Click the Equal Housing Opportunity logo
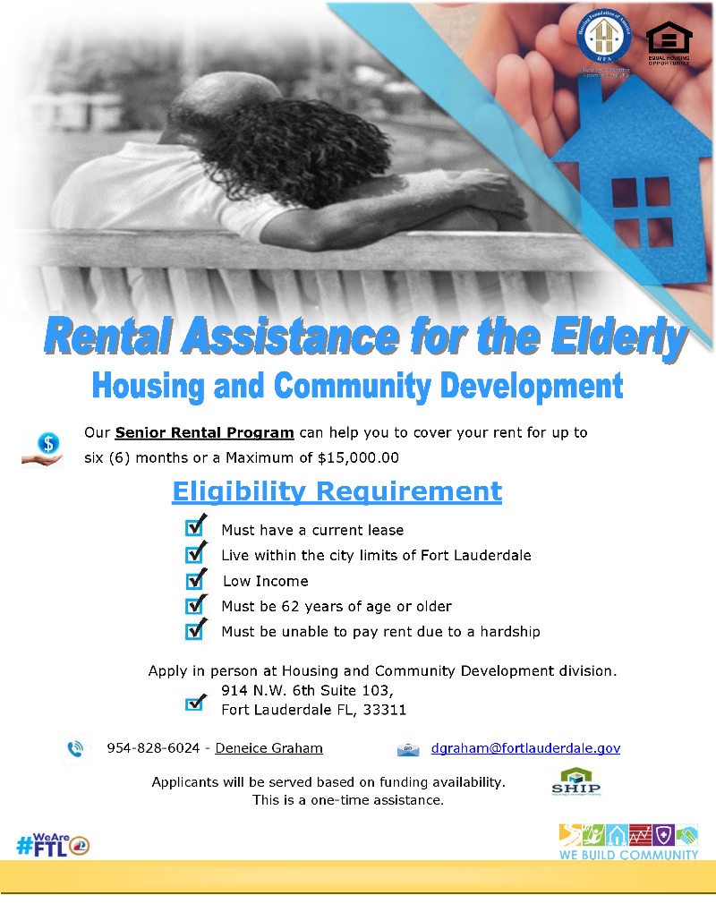pyautogui.click(x=668, y=43)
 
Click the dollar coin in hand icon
pyautogui.click(x=44, y=447)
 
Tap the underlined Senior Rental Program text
pyautogui.click(x=204, y=433)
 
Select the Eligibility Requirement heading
pyautogui.click(x=337, y=491)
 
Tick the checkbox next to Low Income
pyautogui.click(x=195, y=580)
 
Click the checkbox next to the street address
pyautogui.click(x=195, y=702)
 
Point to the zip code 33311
pyautogui.click(x=384, y=710)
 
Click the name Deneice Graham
pyautogui.click(x=268, y=748)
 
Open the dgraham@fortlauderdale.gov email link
pyautogui.click(x=525, y=748)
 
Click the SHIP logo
pyautogui.click(x=575, y=781)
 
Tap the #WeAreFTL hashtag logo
pyautogui.click(x=52, y=843)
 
